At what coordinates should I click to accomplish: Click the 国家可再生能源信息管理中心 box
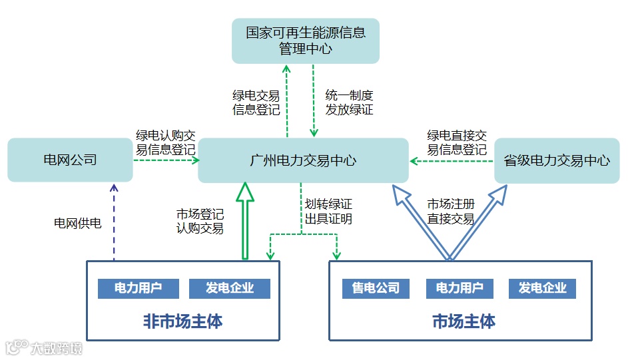[x=306, y=41]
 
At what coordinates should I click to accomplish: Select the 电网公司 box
[x=70, y=160]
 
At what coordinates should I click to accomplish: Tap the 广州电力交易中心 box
[x=303, y=160]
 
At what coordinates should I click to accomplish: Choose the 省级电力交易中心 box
[x=557, y=160]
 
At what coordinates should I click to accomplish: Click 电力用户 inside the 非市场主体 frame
[x=139, y=288]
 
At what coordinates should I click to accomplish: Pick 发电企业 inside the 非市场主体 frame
[x=230, y=288]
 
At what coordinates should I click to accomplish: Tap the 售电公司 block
[x=376, y=288]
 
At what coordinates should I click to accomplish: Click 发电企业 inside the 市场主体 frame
[x=542, y=288]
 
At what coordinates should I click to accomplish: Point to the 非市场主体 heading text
[x=182, y=322]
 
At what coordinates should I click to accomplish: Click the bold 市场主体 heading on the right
[x=464, y=322]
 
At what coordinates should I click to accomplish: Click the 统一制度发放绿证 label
[x=349, y=102]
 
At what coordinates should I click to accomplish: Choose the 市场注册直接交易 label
[x=451, y=211]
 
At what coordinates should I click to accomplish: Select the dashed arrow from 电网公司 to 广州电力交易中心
[x=166, y=160]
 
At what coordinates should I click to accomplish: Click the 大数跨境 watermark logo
[x=44, y=347]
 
